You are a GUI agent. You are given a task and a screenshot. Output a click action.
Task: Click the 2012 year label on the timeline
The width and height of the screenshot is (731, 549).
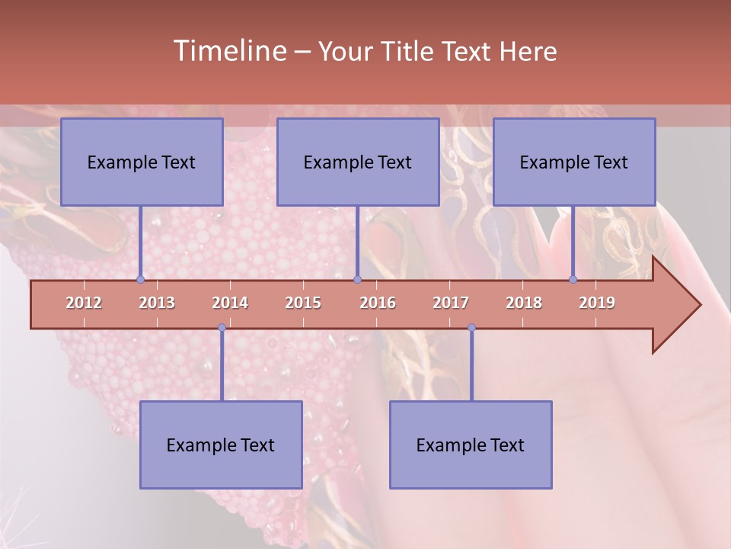click(84, 303)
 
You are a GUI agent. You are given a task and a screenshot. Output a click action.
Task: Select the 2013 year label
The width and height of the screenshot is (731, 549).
click(157, 303)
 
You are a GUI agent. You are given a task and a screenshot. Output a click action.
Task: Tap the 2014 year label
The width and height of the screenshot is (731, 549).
click(230, 303)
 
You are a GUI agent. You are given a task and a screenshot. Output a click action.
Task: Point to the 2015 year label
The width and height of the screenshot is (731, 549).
click(303, 303)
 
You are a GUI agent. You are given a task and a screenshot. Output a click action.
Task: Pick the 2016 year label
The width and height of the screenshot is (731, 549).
click(378, 303)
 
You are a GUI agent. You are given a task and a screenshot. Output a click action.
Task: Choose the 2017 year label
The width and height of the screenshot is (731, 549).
click(451, 303)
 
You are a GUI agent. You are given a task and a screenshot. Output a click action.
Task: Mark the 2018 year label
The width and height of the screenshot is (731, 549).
click(524, 303)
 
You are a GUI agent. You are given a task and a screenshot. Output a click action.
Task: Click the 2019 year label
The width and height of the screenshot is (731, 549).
click(597, 303)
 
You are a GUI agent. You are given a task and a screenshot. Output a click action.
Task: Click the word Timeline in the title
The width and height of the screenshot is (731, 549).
click(228, 51)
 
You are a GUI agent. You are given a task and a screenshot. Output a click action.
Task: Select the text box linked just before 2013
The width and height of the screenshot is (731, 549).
click(142, 162)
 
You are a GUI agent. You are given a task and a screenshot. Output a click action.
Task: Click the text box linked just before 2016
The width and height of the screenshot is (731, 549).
click(358, 162)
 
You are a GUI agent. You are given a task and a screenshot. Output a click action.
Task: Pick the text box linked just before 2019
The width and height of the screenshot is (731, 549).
click(574, 162)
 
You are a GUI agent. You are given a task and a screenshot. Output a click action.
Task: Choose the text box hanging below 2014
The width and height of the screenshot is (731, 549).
click(221, 445)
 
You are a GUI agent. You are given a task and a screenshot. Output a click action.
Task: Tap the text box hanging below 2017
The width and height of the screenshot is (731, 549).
click(471, 445)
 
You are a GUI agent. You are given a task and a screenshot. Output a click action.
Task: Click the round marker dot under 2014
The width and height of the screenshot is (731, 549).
click(222, 328)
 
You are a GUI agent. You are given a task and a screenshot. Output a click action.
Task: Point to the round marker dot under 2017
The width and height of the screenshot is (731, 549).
click(471, 328)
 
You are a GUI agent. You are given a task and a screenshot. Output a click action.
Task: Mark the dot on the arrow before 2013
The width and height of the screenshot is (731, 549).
click(140, 279)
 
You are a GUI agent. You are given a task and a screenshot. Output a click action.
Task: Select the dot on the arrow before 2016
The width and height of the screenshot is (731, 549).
click(357, 279)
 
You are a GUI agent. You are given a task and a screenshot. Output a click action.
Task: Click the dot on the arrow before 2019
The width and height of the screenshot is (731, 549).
click(573, 279)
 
